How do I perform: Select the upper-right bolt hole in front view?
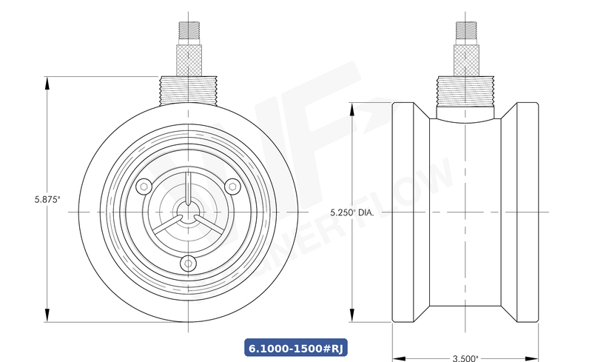pos(231,185)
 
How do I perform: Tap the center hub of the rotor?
pos(189,212)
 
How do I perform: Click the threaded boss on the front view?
pos(189,90)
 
